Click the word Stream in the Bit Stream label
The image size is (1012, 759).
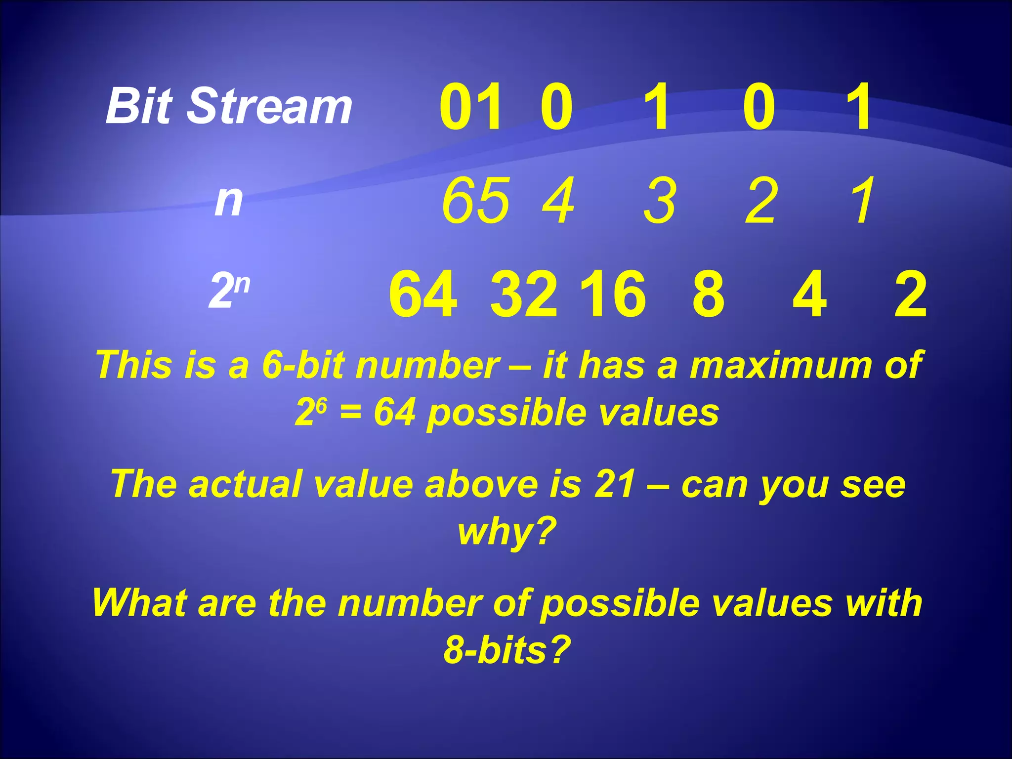point(269,106)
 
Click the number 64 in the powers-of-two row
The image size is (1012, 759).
point(423,295)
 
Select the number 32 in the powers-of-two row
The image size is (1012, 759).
point(524,295)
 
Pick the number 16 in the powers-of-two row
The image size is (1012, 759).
point(613,295)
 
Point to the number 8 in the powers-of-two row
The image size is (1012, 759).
point(708,295)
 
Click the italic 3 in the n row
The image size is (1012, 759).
point(659,201)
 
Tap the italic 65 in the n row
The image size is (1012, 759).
point(475,201)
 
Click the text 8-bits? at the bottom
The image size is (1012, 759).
point(507,649)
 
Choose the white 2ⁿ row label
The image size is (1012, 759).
point(229,292)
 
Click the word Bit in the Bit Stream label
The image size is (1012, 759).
point(138,106)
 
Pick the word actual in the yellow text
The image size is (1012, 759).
point(245,484)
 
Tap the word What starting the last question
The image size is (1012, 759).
point(139,602)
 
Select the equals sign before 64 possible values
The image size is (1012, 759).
point(350,412)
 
